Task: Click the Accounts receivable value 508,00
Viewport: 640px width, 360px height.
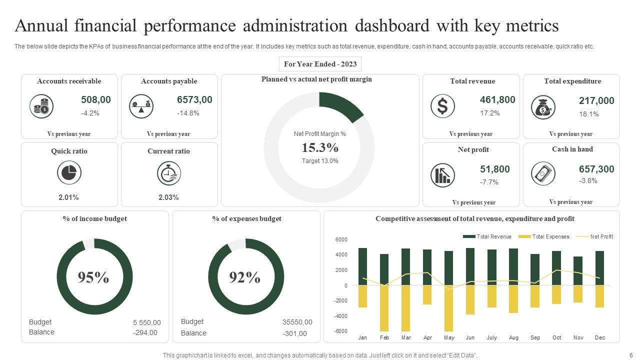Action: tap(96, 100)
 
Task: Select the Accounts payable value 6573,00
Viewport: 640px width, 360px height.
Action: tap(194, 100)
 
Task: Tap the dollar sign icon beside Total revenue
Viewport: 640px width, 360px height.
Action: tap(442, 106)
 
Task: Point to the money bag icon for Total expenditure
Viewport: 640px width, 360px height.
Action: tap(543, 107)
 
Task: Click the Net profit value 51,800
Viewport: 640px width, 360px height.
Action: tap(495, 169)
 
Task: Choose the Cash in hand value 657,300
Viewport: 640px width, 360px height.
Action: tap(596, 169)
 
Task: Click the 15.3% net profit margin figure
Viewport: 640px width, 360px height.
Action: tap(320, 148)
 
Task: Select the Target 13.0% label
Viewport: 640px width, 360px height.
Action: tap(320, 161)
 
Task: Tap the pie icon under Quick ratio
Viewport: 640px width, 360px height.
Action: tap(69, 173)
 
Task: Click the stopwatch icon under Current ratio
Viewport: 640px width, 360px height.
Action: tap(169, 173)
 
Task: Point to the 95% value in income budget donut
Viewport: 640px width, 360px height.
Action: tap(93, 277)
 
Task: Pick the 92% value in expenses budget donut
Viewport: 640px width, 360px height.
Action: tap(245, 277)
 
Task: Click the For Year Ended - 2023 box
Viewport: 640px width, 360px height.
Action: tap(320, 64)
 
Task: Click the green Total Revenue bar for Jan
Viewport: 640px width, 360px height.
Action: tap(362, 266)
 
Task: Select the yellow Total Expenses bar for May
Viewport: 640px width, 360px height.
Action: tap(448, 308)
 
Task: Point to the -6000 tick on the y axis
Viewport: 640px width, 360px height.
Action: tap(340, 331)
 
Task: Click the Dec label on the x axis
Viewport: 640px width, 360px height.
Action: tap(600, 337)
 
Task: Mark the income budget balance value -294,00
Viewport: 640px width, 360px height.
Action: tap(145, 332)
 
